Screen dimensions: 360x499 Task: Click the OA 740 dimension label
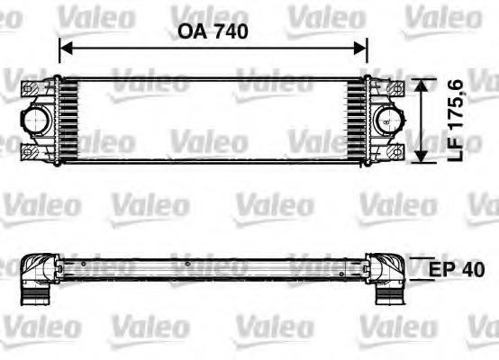(x=213, y=31)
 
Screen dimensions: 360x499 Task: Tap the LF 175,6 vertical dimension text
(x=456, y=121)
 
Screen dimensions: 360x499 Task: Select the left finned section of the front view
(x=68, y=120)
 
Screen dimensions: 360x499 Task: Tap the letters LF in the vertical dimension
(x=456, y=150)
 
